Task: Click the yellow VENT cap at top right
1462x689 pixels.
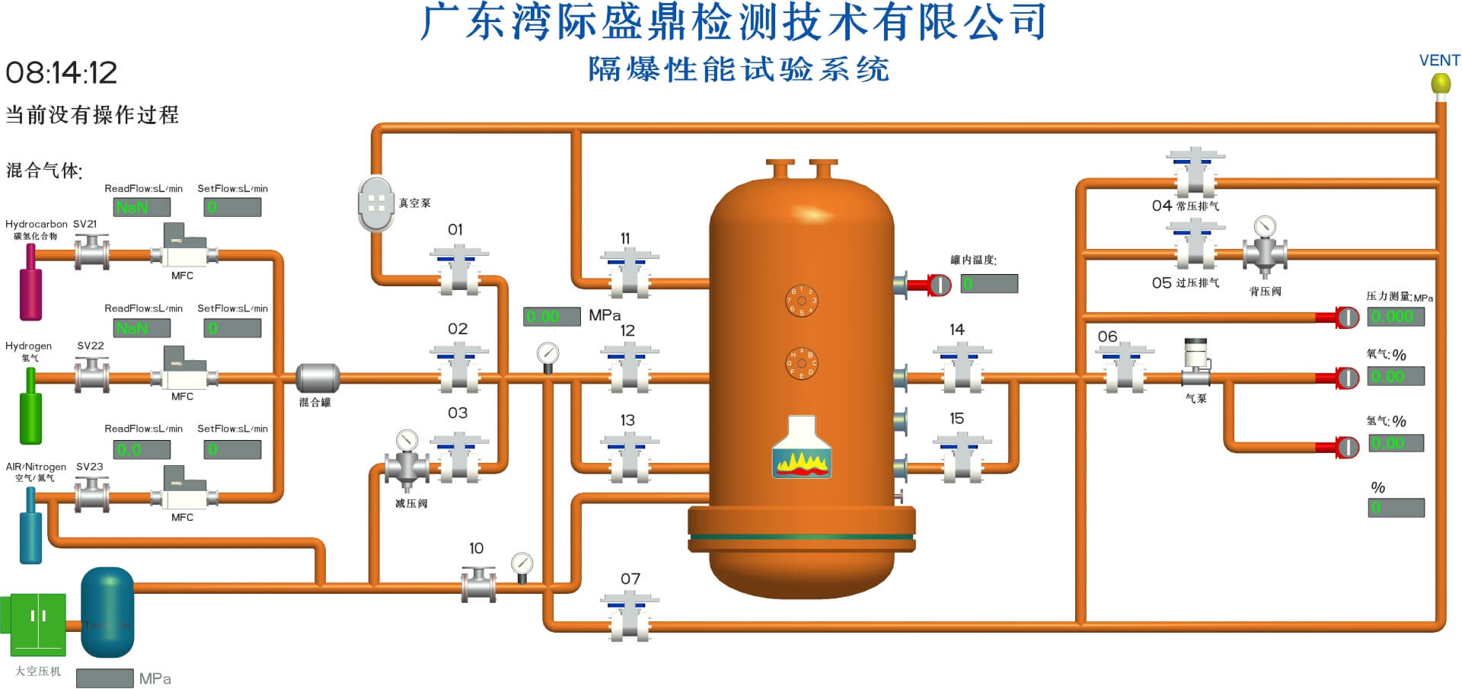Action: (1440, 83)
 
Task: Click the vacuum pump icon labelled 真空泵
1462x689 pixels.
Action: (376, 203)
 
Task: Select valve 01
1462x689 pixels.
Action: (458, 270)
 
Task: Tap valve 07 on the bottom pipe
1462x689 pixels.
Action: (629, 617)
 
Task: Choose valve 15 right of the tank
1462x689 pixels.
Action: (962, 458)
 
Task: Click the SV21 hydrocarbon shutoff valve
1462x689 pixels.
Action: (91, 252)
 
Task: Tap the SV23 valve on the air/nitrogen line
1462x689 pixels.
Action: (91, 495)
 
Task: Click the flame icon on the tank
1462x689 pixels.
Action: (801, 448)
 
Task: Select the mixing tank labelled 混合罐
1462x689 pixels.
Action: (317, 378)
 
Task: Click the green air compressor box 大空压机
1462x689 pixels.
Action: (37, 625)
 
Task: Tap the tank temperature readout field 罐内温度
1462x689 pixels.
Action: (988, 284)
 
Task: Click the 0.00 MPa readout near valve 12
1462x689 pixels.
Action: (551, 316)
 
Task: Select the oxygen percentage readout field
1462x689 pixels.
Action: (1395, 376)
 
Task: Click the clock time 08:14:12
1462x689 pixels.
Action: (61, 73)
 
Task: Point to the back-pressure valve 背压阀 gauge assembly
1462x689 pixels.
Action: (1264, 247)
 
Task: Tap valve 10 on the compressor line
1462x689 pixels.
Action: (478, 585)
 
